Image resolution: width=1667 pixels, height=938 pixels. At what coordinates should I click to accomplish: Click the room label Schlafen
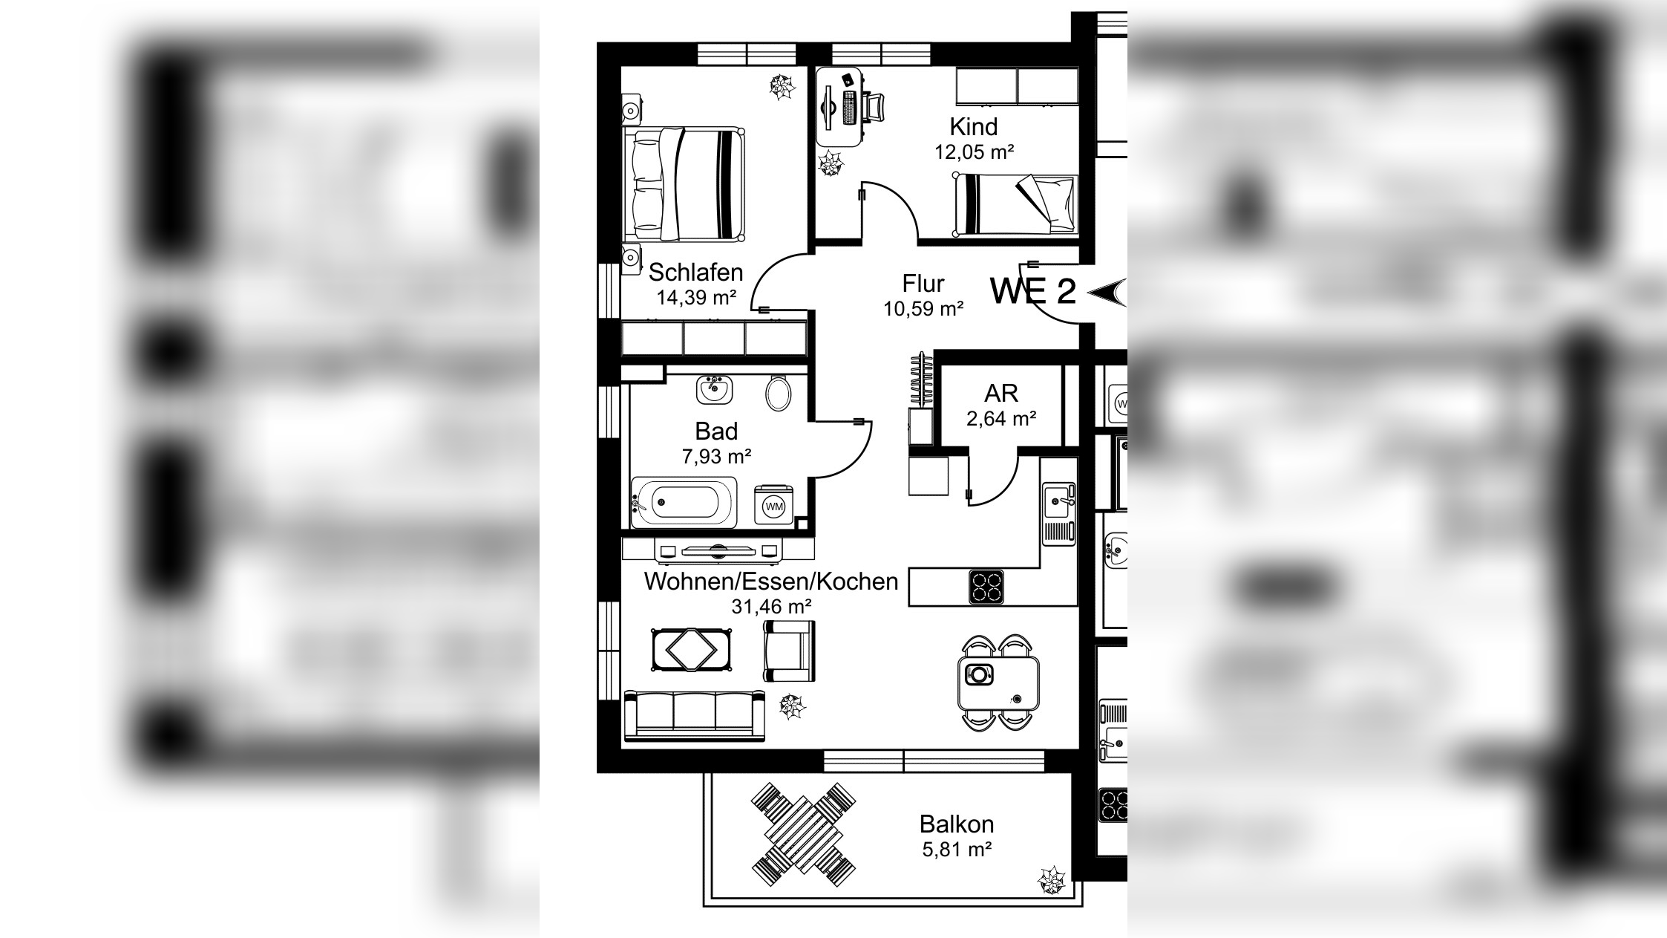695,272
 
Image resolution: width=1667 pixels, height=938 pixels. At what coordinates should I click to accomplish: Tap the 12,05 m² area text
974,152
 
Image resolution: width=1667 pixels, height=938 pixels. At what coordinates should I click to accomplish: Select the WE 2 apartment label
1032,290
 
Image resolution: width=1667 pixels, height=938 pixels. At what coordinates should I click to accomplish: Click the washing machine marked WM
773,505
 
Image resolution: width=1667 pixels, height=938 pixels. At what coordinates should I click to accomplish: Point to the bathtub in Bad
684,502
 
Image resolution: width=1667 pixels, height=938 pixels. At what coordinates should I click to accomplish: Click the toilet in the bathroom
778,393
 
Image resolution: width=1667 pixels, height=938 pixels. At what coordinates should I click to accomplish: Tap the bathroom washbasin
714,389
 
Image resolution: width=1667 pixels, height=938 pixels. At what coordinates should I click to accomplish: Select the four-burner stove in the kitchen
986,587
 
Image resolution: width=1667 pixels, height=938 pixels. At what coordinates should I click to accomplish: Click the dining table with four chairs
998,683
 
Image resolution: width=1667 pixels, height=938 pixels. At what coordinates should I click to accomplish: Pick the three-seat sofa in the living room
695,715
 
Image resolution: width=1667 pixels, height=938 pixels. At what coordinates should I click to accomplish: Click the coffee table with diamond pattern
691,650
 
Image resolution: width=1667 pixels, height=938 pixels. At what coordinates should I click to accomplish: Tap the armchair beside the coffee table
789,651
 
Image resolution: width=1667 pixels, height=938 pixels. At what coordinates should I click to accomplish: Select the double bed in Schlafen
684,183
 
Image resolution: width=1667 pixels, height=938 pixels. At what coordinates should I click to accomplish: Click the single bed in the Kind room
1015,205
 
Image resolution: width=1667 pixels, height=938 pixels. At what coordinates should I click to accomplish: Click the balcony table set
803,834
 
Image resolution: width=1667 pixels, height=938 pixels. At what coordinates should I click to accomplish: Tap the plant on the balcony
1051,881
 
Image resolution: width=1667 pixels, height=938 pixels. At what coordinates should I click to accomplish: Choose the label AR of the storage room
1000,393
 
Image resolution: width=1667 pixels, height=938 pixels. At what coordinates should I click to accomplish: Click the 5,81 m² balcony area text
957,849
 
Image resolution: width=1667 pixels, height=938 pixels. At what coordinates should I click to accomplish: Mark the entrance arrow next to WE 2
1106,292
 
